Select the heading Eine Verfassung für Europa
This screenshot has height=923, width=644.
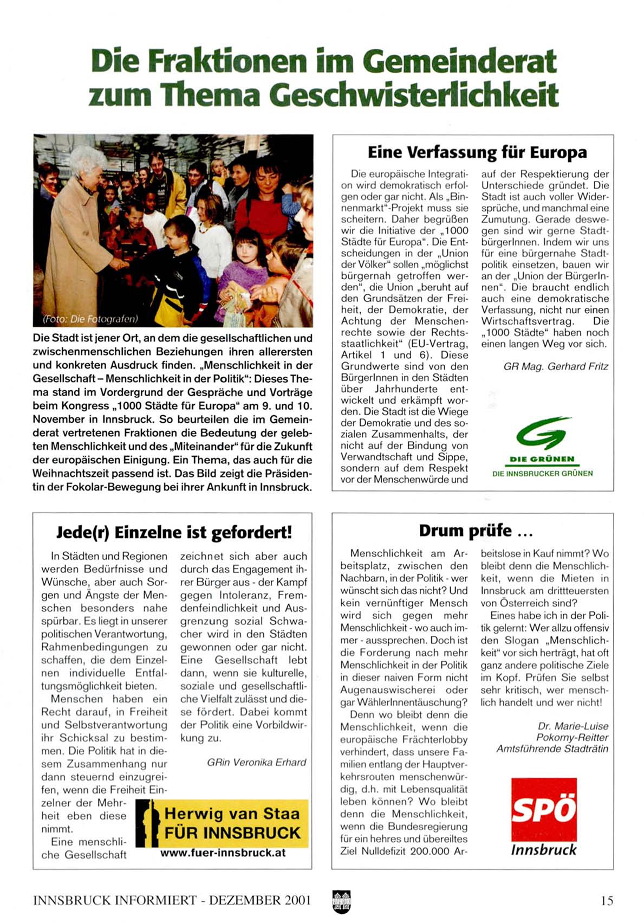point(477,152)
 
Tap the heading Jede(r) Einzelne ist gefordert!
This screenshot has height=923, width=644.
point(174,532)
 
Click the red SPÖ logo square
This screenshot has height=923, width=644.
point(544,810)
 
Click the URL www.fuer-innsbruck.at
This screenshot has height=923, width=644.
point(223,853)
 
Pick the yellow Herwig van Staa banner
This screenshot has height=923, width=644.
point(222,823)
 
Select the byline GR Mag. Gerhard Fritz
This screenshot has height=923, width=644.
point(556,366)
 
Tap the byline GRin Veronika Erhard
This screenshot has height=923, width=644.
point(256,762)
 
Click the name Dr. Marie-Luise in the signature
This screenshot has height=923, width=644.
point(573,726)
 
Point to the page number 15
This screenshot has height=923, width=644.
point(607,900)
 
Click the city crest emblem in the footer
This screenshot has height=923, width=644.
point(341,901)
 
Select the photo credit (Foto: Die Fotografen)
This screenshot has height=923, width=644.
point(90,319)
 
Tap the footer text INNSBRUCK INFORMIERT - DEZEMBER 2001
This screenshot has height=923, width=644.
point(172,900)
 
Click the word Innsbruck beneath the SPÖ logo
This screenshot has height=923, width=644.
point(544,849)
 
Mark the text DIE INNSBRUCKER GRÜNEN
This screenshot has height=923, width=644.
point(542,473)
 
